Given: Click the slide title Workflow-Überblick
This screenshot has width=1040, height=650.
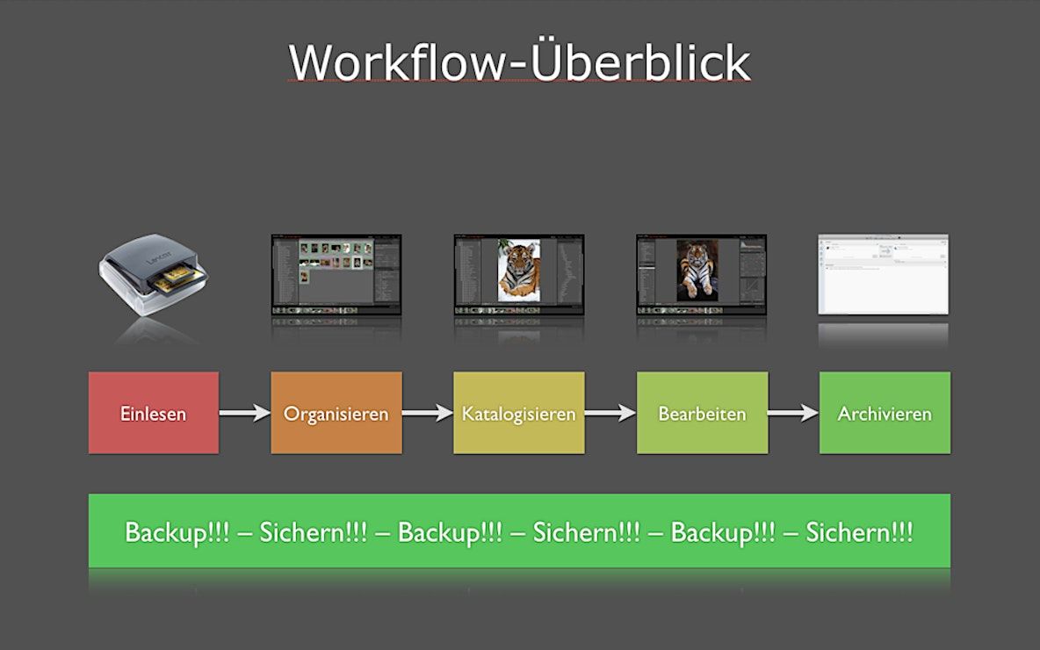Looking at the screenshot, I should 519,62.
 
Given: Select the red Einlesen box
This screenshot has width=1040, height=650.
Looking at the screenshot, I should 154,413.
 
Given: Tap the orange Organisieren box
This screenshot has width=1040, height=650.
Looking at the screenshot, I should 336,413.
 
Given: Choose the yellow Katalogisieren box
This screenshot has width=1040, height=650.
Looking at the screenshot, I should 518,413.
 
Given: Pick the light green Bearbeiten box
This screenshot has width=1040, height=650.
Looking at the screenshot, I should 702,413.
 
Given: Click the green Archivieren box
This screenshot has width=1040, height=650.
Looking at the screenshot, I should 885,413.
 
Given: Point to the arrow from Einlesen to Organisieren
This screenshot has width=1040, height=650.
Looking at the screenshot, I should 244,413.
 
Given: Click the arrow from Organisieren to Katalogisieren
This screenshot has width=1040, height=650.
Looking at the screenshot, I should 428,413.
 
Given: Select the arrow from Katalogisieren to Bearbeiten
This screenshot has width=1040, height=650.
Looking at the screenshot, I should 610,413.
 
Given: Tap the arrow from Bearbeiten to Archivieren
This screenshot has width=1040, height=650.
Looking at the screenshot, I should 793,413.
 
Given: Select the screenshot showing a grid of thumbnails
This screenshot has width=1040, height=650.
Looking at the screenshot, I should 336,274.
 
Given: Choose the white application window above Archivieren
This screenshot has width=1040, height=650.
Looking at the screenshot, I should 883,274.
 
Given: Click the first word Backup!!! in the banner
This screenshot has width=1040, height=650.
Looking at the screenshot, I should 177,532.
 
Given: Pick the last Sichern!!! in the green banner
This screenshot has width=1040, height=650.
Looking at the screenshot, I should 859,532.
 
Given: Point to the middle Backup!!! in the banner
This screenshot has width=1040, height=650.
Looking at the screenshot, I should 450,532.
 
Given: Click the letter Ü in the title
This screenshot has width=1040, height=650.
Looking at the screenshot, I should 545,61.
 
